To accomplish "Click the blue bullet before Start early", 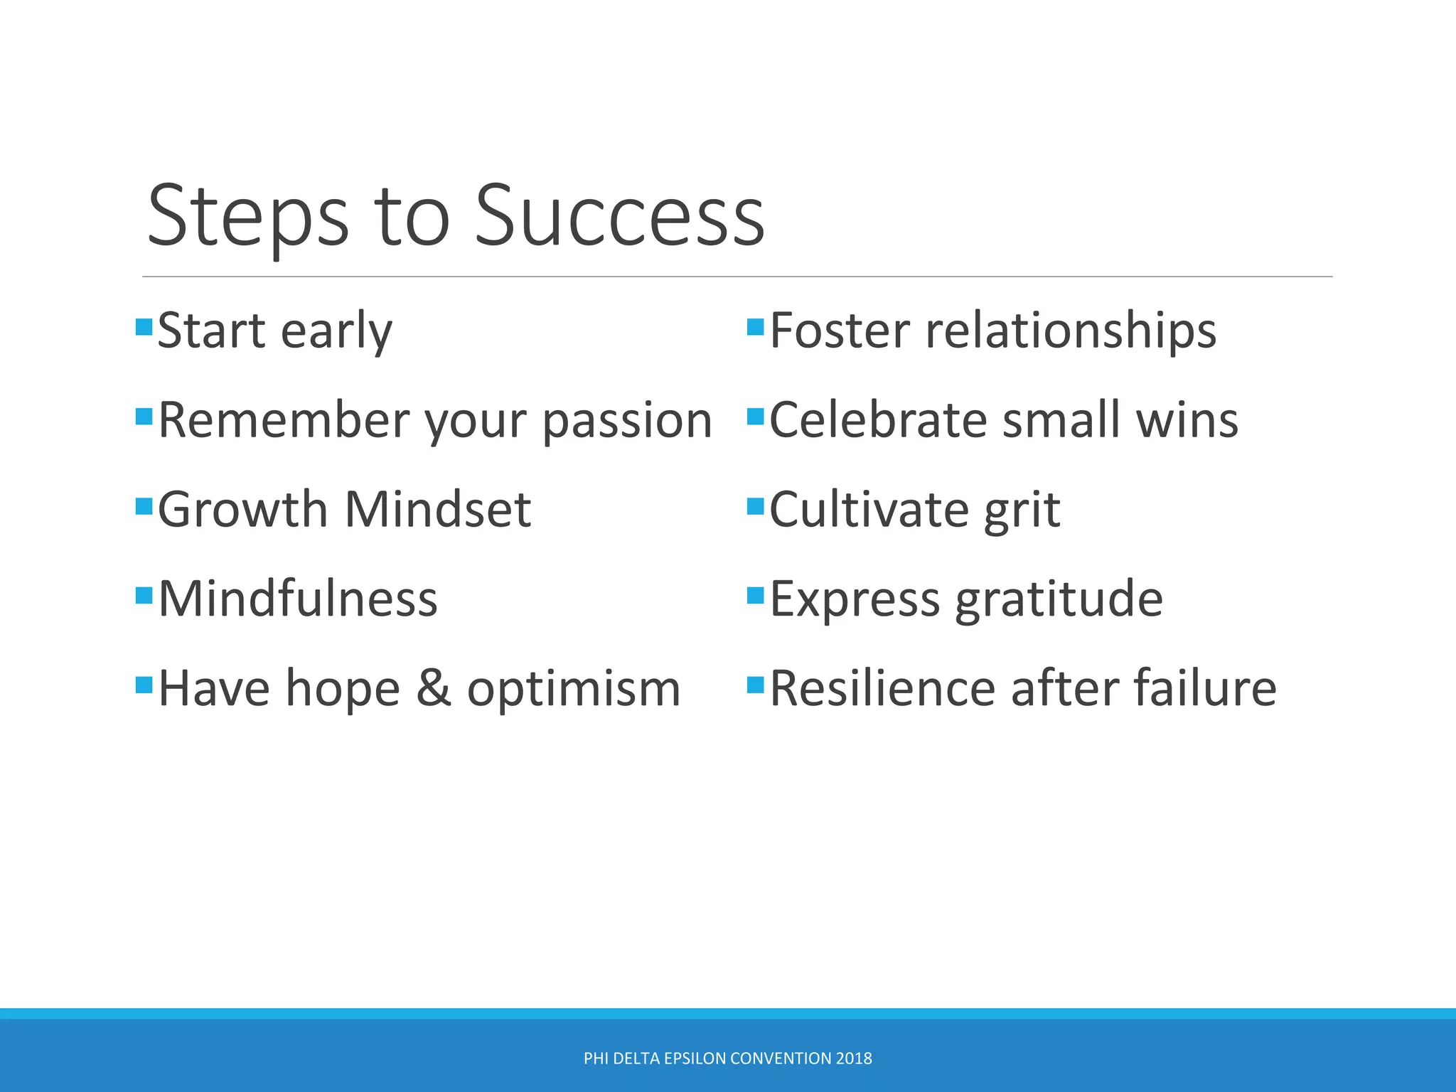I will tap(144, 327).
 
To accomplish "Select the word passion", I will tap(627, 421).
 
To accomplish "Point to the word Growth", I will tap(242, 510).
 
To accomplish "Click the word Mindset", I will tap(438, 510).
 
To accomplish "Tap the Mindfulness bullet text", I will tap(297, 599).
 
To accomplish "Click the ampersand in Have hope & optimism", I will tap(433, 688).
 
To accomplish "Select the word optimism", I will tap(574, 690).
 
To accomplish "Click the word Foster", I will tap(840, 331).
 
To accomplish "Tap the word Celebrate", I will tap(878, 420).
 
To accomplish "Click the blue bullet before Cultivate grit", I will tap(755, 506).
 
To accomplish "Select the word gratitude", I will tap(1059, 600).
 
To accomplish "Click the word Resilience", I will tap(882, 688).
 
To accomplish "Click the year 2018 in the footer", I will tap(854, 1059).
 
